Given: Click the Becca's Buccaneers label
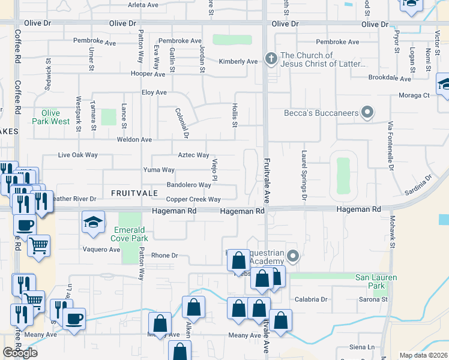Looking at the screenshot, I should click(321, 113).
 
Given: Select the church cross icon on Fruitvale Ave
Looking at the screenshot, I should click(271, 58).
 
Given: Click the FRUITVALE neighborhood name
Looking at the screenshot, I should click(134, 193).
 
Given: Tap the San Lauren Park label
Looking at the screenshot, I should click(378, 281).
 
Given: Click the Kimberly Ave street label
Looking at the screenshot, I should click(238, 61).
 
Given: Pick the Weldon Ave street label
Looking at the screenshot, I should click(134, 139).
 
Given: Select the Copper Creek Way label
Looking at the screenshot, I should click(193, 199).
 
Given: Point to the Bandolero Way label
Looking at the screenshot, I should click(188, 185).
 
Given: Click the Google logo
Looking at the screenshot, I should click(20, 352).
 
